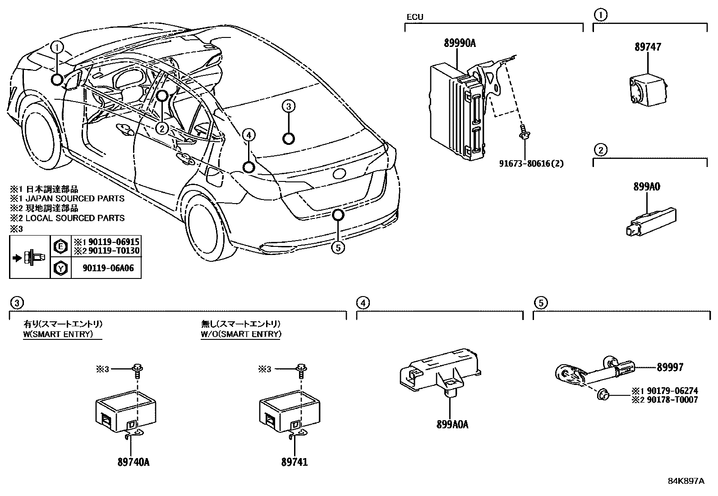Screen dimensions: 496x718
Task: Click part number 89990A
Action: [460, 43]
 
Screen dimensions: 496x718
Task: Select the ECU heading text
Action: [414, 17]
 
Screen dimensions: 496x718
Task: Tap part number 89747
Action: [648, 47]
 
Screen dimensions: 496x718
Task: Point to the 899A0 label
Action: [647, 186]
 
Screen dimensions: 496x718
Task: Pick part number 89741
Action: [295, 462]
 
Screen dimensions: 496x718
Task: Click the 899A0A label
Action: [452, 425]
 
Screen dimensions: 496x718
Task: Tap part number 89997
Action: [670, 367]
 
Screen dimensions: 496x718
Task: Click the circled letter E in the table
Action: [60, 246]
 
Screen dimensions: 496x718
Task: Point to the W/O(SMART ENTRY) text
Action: [241, 334]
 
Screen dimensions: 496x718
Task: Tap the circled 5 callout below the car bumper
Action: [337, 247]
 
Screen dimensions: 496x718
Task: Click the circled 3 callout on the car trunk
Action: [289, 107]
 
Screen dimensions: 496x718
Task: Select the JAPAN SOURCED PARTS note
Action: [74, 198]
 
